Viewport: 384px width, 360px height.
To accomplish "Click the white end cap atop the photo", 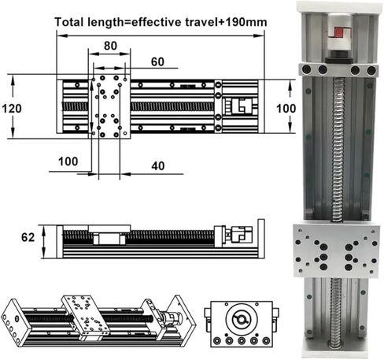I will click(x=338, y=10).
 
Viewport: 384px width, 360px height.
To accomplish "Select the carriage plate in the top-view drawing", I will click(x=111, y=106).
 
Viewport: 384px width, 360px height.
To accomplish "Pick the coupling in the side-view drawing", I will click(x=241, y=234).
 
